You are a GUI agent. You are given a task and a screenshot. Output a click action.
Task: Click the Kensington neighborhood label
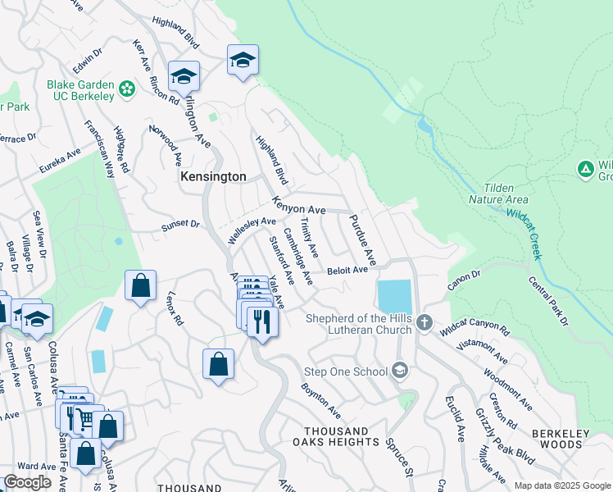point(213,177)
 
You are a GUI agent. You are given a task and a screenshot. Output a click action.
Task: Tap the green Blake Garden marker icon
point(127,88)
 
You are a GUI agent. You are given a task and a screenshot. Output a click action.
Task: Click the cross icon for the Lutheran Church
point(424,321)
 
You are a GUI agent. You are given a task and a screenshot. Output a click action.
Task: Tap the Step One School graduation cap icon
point(400,371)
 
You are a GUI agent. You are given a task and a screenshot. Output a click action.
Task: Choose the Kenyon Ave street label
point(299,206)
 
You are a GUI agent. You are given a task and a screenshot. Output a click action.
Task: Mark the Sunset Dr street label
point(180,224)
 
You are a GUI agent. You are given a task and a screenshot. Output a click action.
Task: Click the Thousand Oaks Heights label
point(341,436)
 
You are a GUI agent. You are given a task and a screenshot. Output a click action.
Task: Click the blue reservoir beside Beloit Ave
point(393,296)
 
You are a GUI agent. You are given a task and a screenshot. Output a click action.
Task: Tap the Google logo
point(27,482)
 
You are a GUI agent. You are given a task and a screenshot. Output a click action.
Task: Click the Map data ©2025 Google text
point(561,485)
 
